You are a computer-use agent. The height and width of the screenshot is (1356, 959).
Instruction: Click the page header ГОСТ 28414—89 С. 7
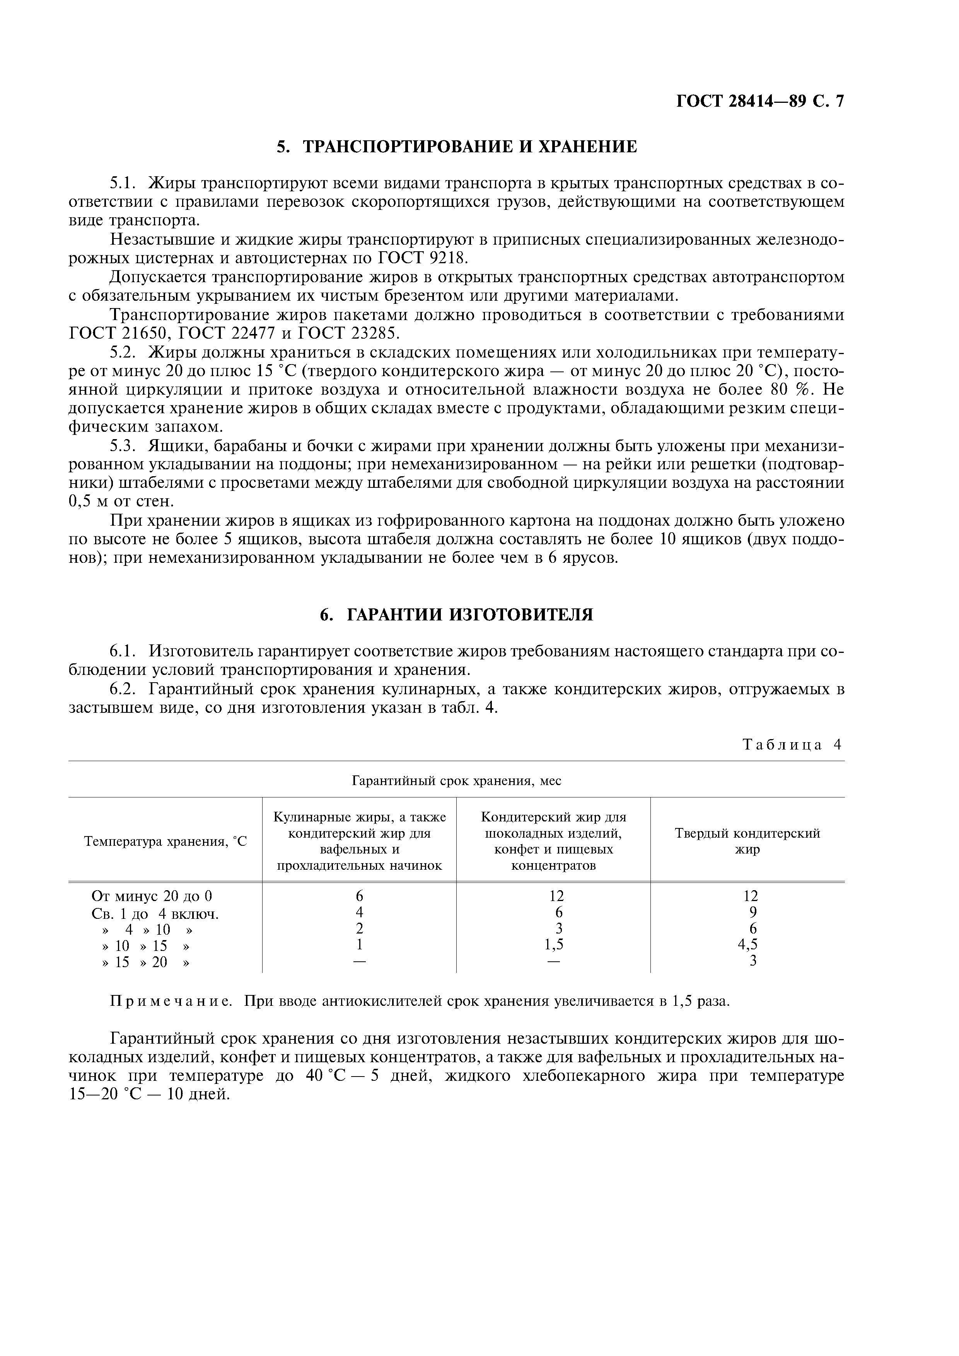pos(760,102)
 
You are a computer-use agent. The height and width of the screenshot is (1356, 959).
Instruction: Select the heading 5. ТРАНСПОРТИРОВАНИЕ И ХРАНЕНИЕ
pos(457,147)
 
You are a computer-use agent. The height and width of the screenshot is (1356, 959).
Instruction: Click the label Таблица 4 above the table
pos(791,745)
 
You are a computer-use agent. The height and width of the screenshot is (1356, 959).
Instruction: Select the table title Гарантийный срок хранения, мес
pos(456,781)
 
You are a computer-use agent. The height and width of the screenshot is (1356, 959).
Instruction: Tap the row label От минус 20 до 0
pos(152,896)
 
